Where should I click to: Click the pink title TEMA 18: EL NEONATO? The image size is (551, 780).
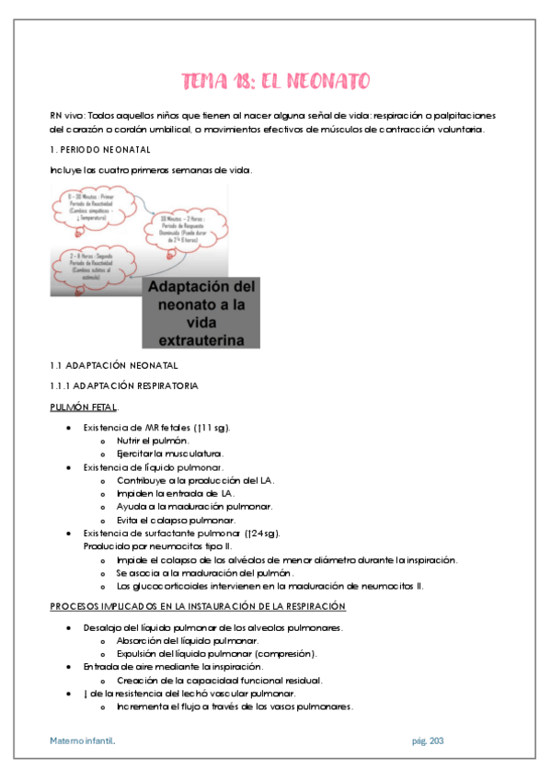[275, 82]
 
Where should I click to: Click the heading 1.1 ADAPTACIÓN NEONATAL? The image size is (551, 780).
[108, 365]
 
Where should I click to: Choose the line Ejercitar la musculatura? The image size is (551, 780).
[170, 453]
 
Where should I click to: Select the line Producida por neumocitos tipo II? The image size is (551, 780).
[151, 546]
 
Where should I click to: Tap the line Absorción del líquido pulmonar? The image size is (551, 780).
[188, 640]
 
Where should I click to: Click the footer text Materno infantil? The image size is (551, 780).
[83, 740]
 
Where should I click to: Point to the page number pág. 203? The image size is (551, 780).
[427, 740]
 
